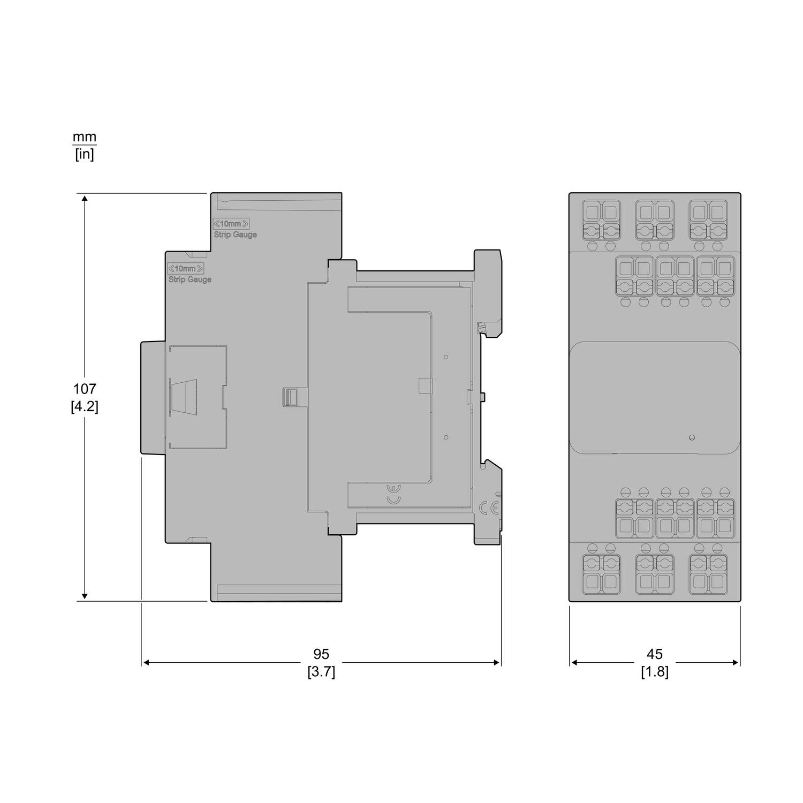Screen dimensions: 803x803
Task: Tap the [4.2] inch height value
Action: click(x=85, y=406)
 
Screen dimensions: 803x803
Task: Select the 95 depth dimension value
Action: click(x=321, y=654)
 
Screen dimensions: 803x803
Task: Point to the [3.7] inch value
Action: click(x=321, y=672)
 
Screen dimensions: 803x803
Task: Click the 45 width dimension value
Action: click(x=655, y=654)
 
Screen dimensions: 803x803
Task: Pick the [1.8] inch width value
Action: click(x=655, y=672)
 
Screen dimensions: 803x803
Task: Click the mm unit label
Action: click(x=85, y=137)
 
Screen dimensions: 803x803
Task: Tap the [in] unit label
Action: click(x=85, y=155)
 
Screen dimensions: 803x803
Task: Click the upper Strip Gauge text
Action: click(x=236, y=234)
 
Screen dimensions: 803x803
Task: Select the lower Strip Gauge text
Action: click(x=190, y=279)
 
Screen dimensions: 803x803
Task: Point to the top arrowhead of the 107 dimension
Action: click(x=85, y=199)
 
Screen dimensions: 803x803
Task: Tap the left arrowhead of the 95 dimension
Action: click(x=146, y=663)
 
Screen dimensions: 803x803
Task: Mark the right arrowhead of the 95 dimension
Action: click(x=496, y=663)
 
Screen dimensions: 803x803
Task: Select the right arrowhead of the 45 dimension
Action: click(x=736, y=663)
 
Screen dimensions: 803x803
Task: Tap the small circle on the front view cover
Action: click(x=692, y=438)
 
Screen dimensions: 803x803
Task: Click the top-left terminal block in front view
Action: click(x=601, y=221)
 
